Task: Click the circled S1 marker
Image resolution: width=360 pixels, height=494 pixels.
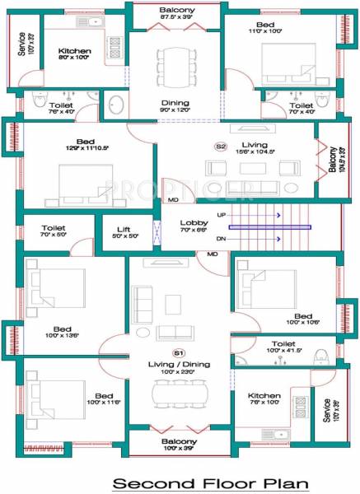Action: (x=179, y=352)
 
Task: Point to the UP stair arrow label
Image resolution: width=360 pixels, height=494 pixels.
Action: (x=221, y=214)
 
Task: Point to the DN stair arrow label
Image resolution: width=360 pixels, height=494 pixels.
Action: (x=221, y=239)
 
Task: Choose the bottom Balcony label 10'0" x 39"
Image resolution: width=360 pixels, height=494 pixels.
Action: (x=179, y=445)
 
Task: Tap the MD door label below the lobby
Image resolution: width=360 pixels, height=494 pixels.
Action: (x=212, y=254)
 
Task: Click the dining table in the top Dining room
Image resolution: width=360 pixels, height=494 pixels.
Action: (x=174, y=62)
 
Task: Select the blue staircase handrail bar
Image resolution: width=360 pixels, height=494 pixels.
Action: (x=269, y=227)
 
